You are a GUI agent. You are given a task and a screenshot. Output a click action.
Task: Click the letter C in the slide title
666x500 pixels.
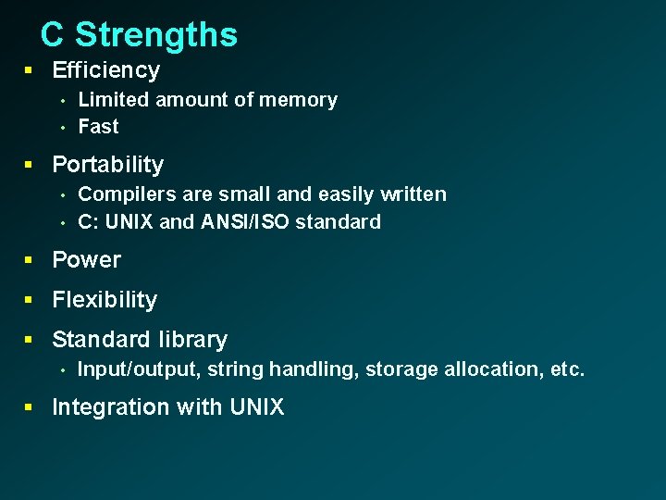click(53, 35)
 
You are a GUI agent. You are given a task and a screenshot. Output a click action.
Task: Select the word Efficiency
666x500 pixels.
click(105, 70)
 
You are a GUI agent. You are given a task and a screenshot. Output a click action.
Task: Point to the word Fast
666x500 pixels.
click(98, 127)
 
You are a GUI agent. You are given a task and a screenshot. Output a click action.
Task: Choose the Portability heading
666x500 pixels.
click(107, 165)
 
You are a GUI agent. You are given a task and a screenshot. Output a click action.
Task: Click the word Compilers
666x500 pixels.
click(120, 194)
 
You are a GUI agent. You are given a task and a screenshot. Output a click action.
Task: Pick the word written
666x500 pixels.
click(414, 194)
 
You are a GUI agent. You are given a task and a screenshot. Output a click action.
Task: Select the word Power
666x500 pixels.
click(86, 260)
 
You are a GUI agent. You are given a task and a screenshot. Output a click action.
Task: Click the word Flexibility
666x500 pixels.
click(105, 300)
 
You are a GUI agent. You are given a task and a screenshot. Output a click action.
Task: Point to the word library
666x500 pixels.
click(192, 340)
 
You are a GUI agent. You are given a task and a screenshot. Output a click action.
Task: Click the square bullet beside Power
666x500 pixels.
click(30, 260)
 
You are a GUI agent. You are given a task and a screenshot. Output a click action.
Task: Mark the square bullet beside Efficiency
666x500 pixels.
click(30, 70)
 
